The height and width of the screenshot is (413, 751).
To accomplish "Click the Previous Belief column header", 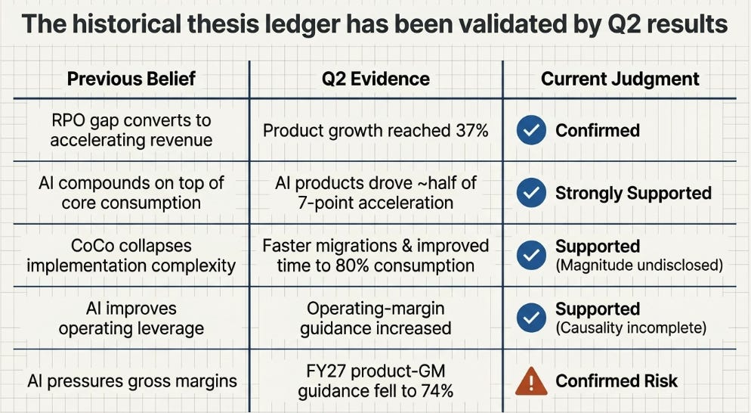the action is coord(131,79).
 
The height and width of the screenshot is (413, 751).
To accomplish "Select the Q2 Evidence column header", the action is coord(375,79).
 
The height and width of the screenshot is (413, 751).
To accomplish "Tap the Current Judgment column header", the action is coord(620,79).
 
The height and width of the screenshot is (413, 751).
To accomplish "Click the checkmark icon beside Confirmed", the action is coord(531,130).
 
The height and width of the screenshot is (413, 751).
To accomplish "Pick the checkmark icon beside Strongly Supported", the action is coord(531,193).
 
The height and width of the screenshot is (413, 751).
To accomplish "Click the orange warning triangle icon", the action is coord(531,380).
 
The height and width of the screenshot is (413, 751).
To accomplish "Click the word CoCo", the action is coord(91,246).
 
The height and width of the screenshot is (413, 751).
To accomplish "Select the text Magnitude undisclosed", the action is coord(639,265).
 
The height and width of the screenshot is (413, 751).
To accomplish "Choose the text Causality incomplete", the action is coord(631,328).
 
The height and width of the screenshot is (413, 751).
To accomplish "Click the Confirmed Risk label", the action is coord(617,381).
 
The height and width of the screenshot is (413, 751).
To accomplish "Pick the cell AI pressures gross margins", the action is coord(132,381).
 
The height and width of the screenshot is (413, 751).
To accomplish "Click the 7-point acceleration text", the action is coord(375,203).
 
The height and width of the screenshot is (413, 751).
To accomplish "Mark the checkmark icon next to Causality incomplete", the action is coord(531,318).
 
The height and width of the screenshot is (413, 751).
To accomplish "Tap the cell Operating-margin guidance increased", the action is coord(375,318).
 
